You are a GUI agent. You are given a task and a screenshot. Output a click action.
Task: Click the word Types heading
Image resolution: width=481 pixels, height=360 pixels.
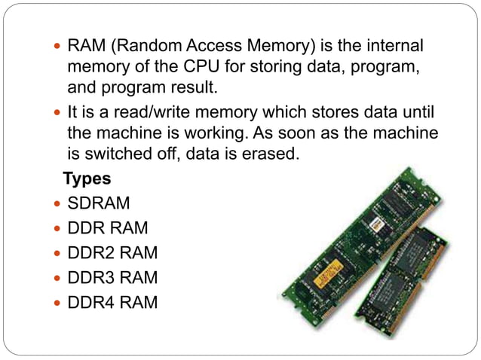(x=87, y=179)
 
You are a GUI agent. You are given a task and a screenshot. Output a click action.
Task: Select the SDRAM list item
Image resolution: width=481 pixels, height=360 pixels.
(x=99, y=204)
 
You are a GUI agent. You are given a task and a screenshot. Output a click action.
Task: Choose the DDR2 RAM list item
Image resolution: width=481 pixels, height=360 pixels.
(x=113, y=253)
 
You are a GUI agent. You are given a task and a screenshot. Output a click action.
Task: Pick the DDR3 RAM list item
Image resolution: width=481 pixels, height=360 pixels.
(x=113, y=278)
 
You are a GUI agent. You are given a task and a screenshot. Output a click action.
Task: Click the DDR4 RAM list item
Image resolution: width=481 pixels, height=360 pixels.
(x=113, y=303)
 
